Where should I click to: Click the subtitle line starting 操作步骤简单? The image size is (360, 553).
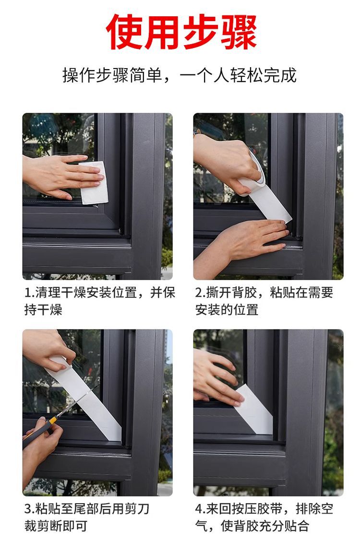tap(180, 75)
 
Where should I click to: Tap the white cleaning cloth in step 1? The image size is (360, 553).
tap(94, 183)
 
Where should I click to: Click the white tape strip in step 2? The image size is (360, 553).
tap(270, 204)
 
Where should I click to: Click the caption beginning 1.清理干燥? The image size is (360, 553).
tap(99, 301)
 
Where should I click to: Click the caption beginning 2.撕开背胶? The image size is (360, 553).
tap(264, 301)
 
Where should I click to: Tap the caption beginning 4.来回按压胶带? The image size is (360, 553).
tap(264, 517)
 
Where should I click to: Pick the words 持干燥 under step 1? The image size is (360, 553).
tap(43, 310)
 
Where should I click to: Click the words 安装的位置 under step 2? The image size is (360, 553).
tap(227, 310)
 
